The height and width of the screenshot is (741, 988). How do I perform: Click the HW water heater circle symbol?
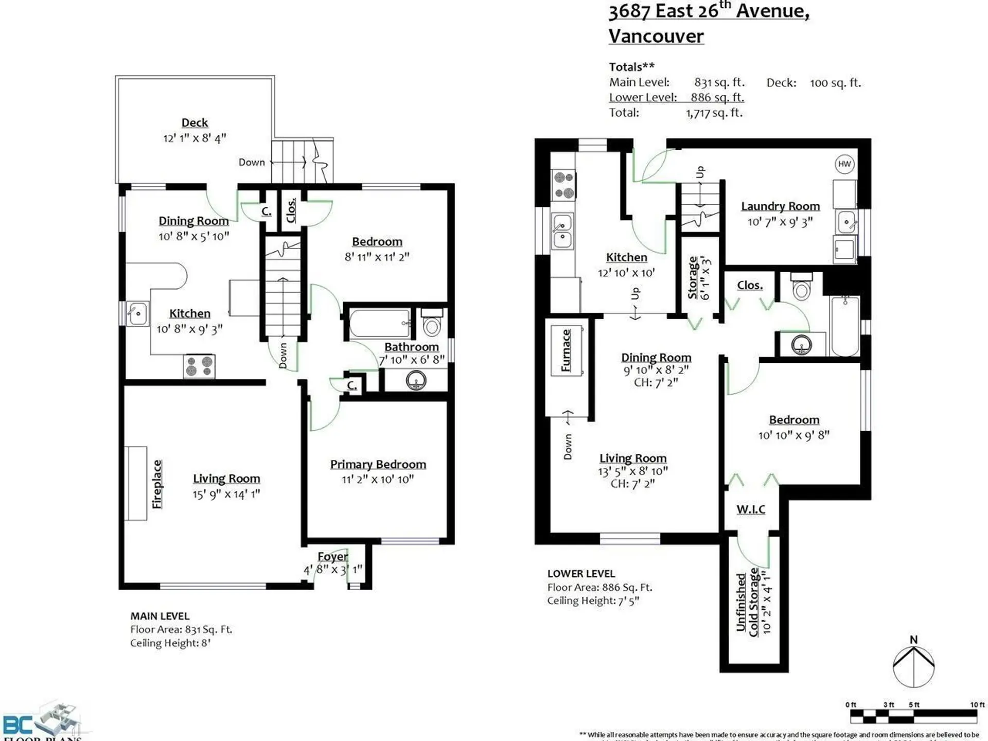[844, 164]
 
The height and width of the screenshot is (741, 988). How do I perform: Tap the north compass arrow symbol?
[914, 664]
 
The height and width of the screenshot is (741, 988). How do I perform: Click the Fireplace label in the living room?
[157, 484]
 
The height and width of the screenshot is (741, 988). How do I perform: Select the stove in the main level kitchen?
[199, 366]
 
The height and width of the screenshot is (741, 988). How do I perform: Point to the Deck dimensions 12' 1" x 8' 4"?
[195, 138]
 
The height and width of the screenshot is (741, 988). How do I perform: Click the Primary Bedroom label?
[378, 464]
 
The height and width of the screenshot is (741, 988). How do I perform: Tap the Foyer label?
[332, 556]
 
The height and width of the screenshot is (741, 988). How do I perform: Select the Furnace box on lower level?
[567, 350]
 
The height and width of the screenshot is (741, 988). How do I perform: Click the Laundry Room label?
[780, 206]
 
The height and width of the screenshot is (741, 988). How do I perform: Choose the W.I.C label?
[750, 509]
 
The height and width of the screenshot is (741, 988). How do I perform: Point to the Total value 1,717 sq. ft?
[714, 113]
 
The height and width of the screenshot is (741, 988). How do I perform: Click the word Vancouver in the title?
[656, 36]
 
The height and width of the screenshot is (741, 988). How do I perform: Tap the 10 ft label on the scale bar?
[977, 704]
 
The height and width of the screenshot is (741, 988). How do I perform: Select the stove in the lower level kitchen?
[563, 186]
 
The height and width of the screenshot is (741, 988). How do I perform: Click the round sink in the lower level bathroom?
[801, 344]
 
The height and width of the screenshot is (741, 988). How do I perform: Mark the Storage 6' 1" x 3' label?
[698, 278]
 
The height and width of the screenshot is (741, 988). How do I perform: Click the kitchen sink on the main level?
[137, 313]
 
